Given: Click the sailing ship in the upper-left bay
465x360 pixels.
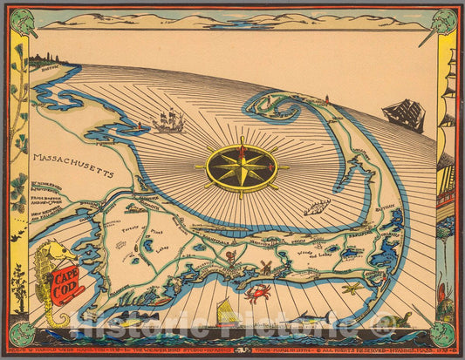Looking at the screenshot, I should click(169, 120).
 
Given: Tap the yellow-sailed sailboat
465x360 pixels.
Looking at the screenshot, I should click(226, 311).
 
